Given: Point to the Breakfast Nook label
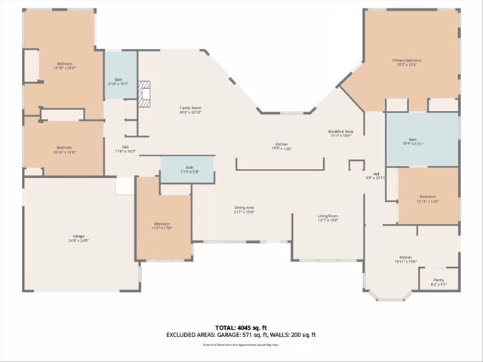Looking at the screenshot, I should (341, 132).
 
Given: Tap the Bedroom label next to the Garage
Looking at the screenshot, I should (162, 224).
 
